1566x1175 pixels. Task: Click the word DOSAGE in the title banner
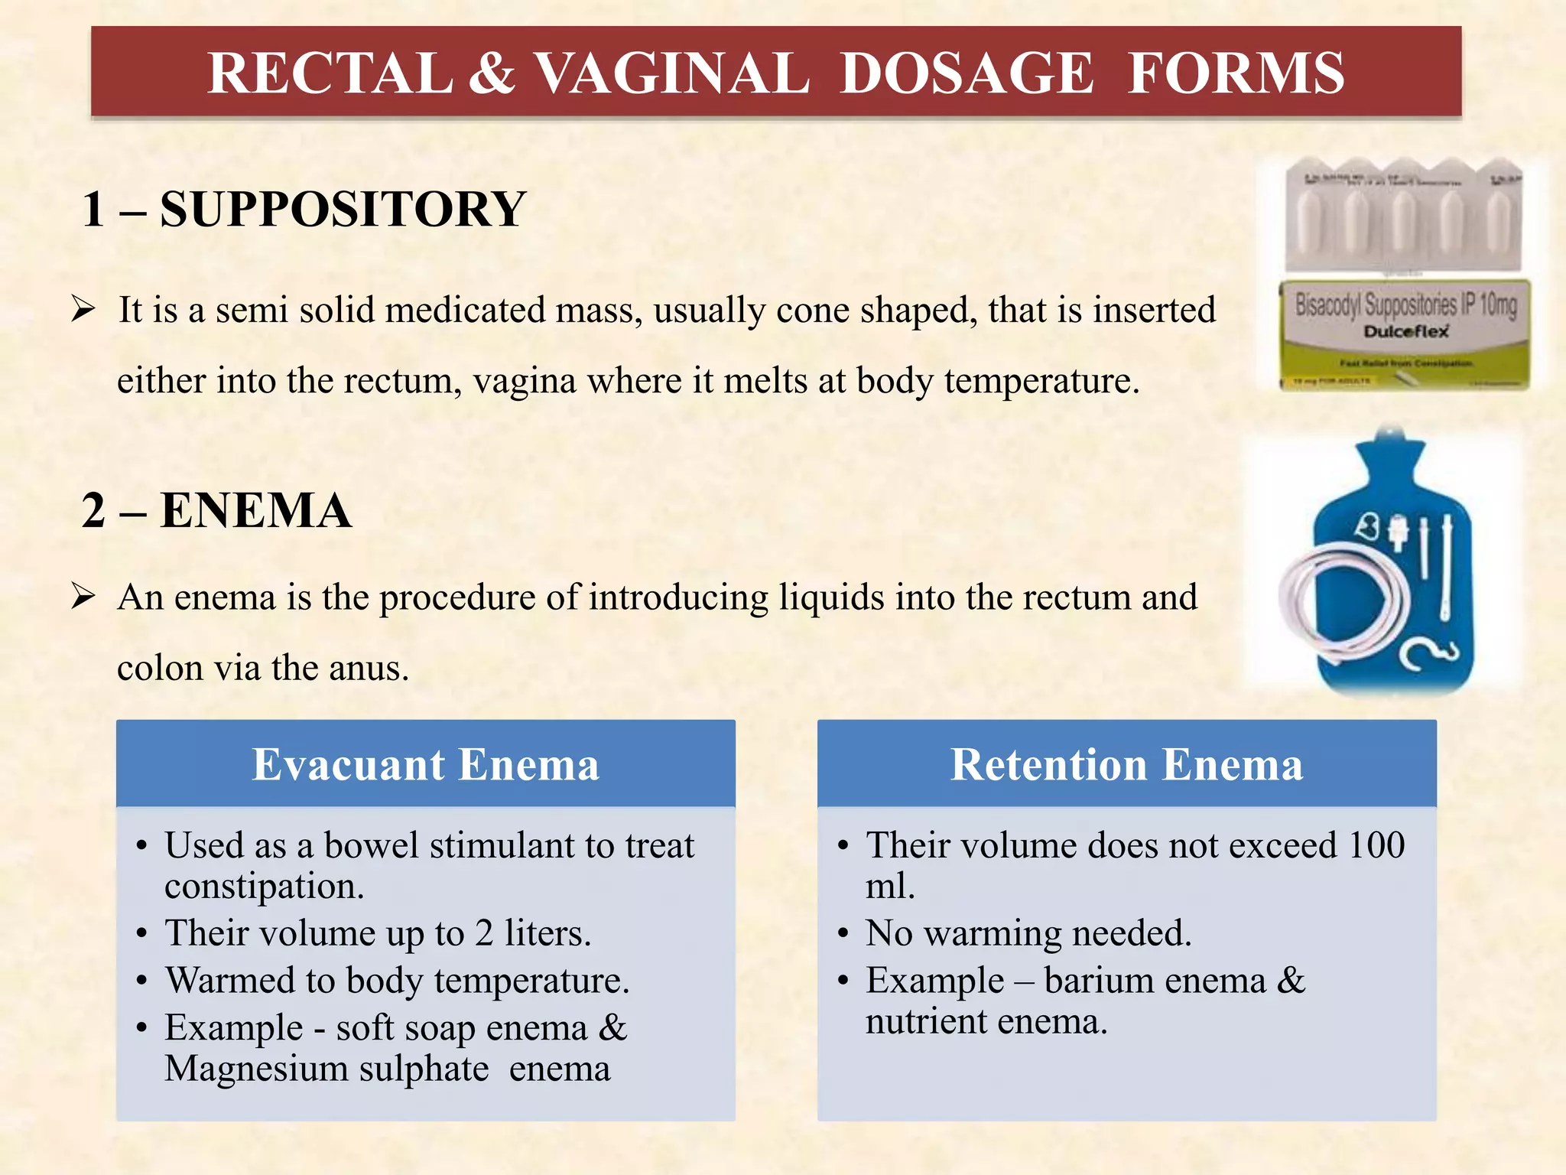click(967, 73)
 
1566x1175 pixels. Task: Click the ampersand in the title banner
click(492, 73)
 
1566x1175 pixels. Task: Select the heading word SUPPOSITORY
click(343, 209)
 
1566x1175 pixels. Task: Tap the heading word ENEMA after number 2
click(256, 510)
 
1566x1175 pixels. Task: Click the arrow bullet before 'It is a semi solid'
click(83, 310)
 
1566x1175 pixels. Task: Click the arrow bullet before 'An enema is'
click(83, 596)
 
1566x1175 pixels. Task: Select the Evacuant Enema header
click(426, 764)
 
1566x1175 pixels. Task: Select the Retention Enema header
click(1126, 764)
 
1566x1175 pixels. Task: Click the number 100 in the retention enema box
click(1376, 845)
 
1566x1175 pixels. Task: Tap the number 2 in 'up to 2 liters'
click(483, 933)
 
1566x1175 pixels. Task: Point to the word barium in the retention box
click(1094, 981)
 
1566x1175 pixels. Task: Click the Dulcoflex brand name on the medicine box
click(1405, 332)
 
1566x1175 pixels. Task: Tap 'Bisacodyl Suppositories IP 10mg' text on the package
click(1405, 305)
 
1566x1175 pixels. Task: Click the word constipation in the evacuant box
click(264, 886)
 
